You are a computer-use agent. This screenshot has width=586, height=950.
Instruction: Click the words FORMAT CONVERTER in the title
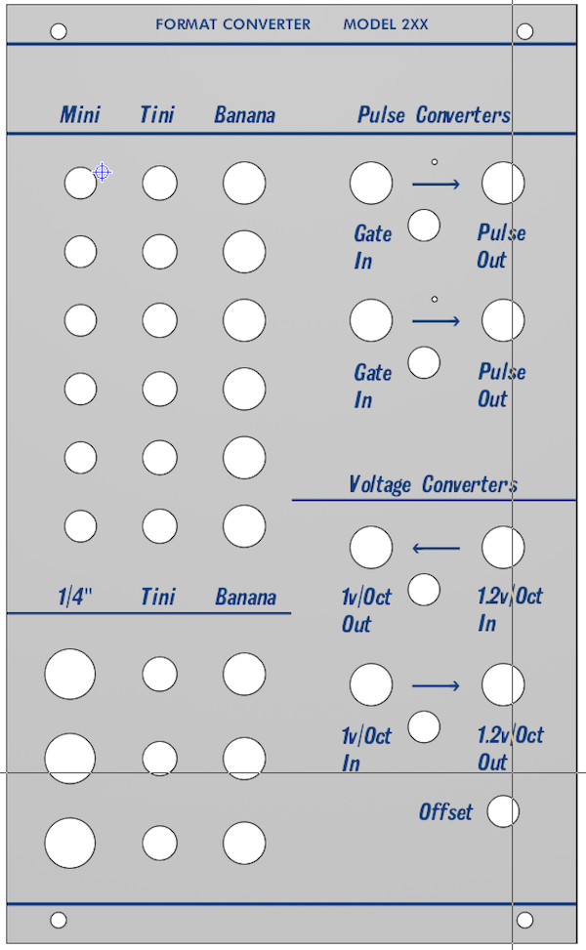(x=232, y=24)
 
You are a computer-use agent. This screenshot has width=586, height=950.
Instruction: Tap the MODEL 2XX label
(x=386, y=24)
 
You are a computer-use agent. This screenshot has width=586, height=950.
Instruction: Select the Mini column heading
(x=80, y=114)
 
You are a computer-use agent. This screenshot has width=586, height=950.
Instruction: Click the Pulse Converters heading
(x=434, y=114)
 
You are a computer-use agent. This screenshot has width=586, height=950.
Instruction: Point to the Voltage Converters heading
(x=434, y=484)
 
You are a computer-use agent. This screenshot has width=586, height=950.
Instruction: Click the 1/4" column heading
(x=74, y=597)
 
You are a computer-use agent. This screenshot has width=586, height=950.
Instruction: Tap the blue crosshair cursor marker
(x=103, y=173)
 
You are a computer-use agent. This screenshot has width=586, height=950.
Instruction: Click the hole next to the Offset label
(x=503, y=811)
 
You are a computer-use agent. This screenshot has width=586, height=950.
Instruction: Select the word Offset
(x=445, y=812)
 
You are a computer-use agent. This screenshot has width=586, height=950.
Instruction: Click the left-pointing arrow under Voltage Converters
(x=436, y=549)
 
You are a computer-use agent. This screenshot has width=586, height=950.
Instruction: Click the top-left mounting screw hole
(x=59, y=31)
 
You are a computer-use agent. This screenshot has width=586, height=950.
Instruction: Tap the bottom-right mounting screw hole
(x=524, y=920)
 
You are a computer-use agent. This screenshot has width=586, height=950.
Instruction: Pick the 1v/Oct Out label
(x=366, y=611)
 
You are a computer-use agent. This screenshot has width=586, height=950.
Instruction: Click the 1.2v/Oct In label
(x=510, y=609)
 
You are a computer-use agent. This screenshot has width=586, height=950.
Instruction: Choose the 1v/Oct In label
(x=366, y=750)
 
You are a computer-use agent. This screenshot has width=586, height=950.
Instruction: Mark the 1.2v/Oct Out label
(x=510, y=748)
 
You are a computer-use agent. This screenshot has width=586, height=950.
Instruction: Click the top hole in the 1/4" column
(x=69, y=674)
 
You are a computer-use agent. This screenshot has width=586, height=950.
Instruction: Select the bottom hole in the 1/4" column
(x=69, y=843)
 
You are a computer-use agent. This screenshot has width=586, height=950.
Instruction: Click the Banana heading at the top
(x=245, y=114)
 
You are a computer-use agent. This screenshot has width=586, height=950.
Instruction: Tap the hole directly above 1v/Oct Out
(x=371, y=547)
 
